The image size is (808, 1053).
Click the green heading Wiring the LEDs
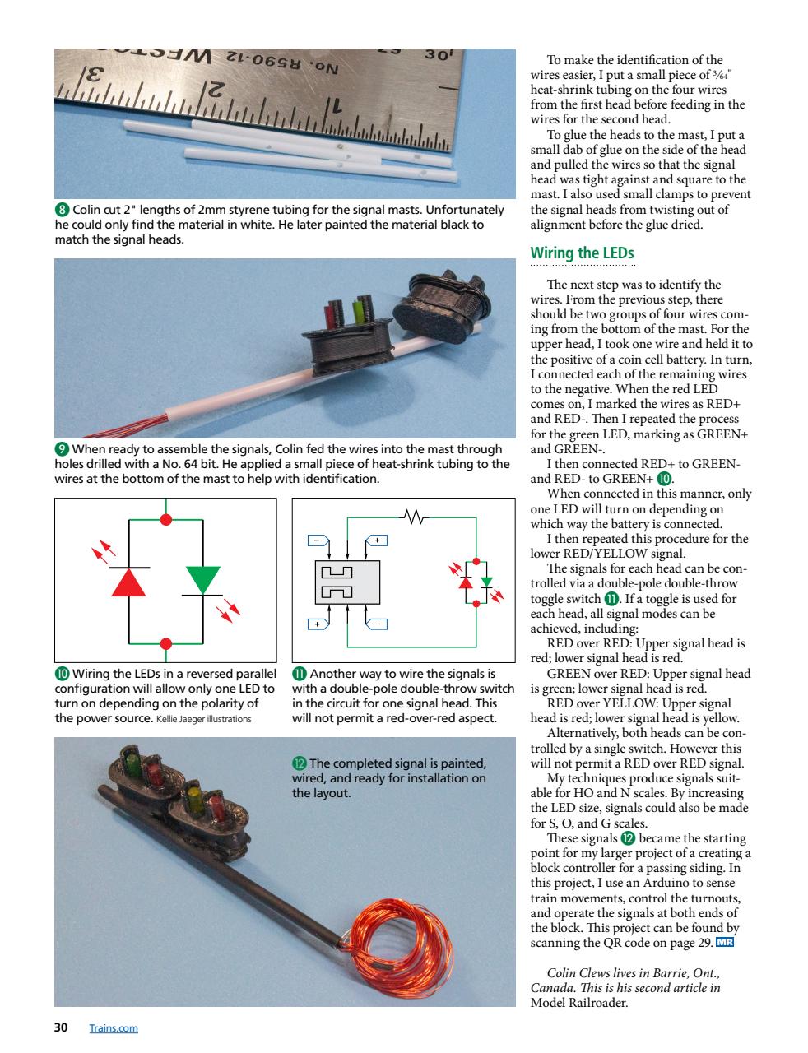[583, 253]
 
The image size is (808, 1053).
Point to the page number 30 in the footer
[61, 1027]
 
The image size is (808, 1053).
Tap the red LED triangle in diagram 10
[129, 582]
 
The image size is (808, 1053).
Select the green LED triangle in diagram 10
[202, 579]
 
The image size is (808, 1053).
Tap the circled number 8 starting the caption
[61, 211]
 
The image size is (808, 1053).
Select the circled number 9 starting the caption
[61, 449]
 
